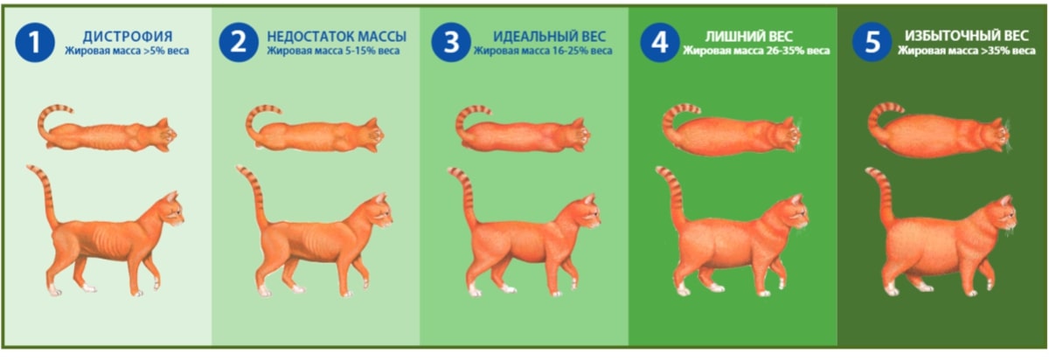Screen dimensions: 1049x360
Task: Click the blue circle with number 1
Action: [x=35, y=42]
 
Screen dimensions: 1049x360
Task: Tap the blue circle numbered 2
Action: [x=239, y=42]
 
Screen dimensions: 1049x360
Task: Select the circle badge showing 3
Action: [x=451, y=42]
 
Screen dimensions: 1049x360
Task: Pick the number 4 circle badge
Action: [x=660, y=42]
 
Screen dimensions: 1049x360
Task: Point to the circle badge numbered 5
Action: [x=872, y=42]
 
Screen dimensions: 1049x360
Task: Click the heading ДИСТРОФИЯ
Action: [x=128, y=36]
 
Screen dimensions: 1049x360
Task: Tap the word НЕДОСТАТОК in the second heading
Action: [x=305, y=36]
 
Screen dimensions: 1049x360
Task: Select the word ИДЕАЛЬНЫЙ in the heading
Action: [x=531, y=36]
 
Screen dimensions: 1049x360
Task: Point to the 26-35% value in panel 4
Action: [x=782, y=51]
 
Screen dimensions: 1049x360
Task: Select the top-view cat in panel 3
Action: [x=523, y=129]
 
